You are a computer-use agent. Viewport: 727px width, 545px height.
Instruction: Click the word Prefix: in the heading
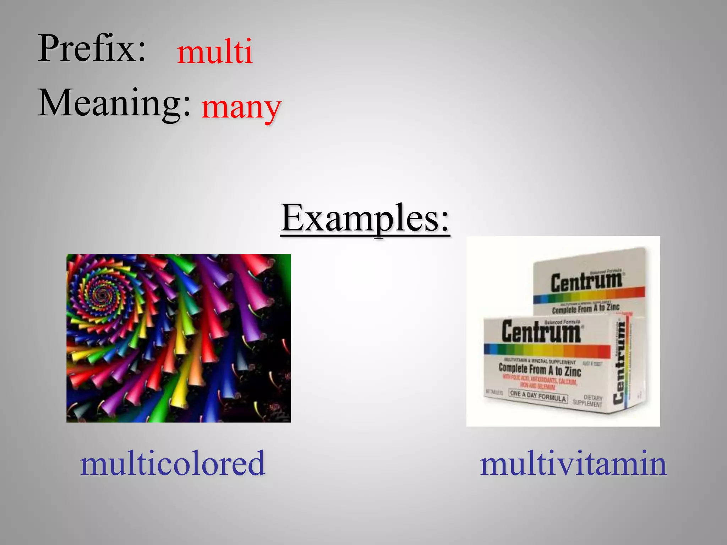click(x=92, y=49)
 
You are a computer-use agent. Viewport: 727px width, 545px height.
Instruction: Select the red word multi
click(x=215, y=52)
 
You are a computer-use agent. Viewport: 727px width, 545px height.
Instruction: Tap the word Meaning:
click(x=114, y=103)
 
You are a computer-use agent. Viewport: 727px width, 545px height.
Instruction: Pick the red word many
click(x=241, y=107)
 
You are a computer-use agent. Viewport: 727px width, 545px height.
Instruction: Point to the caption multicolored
click(x=173, y=463)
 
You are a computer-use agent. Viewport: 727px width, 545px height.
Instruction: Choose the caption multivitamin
click(x=573, y=463)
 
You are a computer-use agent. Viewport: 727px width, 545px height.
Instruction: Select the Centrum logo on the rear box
click(x=586, y=282)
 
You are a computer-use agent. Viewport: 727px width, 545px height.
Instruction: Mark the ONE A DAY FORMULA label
click(x=538, y=396)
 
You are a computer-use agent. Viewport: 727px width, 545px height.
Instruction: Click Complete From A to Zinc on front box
click(x=540, y=370)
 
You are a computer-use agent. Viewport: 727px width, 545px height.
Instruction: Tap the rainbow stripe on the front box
click(x=547, y=351)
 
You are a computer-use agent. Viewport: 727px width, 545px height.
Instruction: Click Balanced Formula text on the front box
click(x=562, y=322)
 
